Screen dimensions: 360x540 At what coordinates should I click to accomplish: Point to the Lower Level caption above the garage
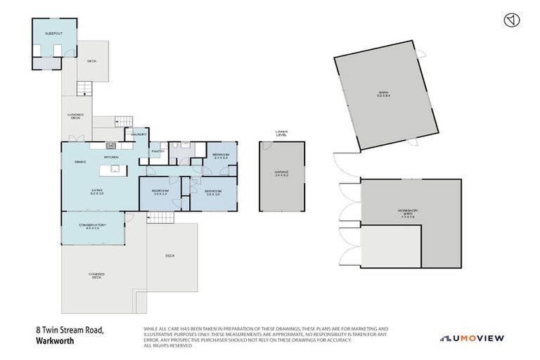pos(281,134)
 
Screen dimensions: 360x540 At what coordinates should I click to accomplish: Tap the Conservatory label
pos(93,226)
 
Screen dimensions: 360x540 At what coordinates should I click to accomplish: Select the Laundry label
pos(138,134)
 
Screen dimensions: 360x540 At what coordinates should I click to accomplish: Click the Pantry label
pos(157,151)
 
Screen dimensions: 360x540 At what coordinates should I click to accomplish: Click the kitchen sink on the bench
pos(112,146)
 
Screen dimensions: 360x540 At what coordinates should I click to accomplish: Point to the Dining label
pos(79,162)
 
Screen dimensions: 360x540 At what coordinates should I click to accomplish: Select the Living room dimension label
pos(96,194)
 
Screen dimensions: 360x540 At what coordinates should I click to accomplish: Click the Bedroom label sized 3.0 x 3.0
pos(160,193)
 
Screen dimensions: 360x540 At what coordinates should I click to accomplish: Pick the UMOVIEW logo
pos(471,338)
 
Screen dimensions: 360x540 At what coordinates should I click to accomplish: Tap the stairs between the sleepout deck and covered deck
pos(84,89)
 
